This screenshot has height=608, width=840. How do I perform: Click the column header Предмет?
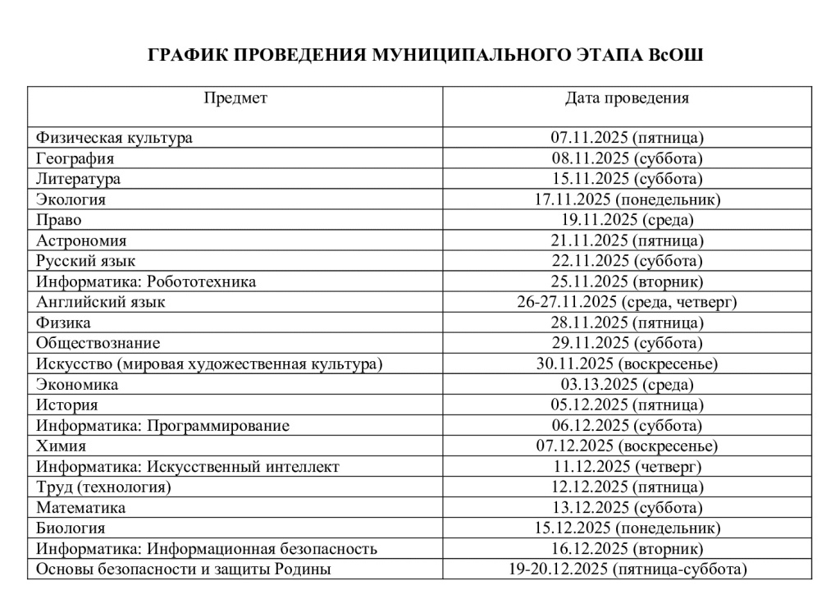point(235,98)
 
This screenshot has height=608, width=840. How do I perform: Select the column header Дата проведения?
point(627,98)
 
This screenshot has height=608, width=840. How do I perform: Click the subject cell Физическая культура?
point(114,138)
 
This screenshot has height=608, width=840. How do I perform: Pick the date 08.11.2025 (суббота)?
point(627,158)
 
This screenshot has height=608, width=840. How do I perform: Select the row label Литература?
point(78,179)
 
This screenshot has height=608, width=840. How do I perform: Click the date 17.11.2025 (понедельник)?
point(627,199)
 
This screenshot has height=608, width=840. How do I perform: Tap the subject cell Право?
point(59,220)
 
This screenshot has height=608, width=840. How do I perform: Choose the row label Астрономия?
point(81,240)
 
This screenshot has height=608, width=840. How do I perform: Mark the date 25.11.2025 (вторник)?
point(627,281)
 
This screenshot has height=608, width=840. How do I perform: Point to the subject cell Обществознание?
point(98,343)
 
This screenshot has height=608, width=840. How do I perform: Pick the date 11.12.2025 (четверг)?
point(627,467)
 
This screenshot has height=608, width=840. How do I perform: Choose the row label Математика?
point(80,508)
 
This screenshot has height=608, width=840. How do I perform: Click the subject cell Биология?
point(71,528)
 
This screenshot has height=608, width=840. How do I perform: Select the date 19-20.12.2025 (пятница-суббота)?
point(627,569)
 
